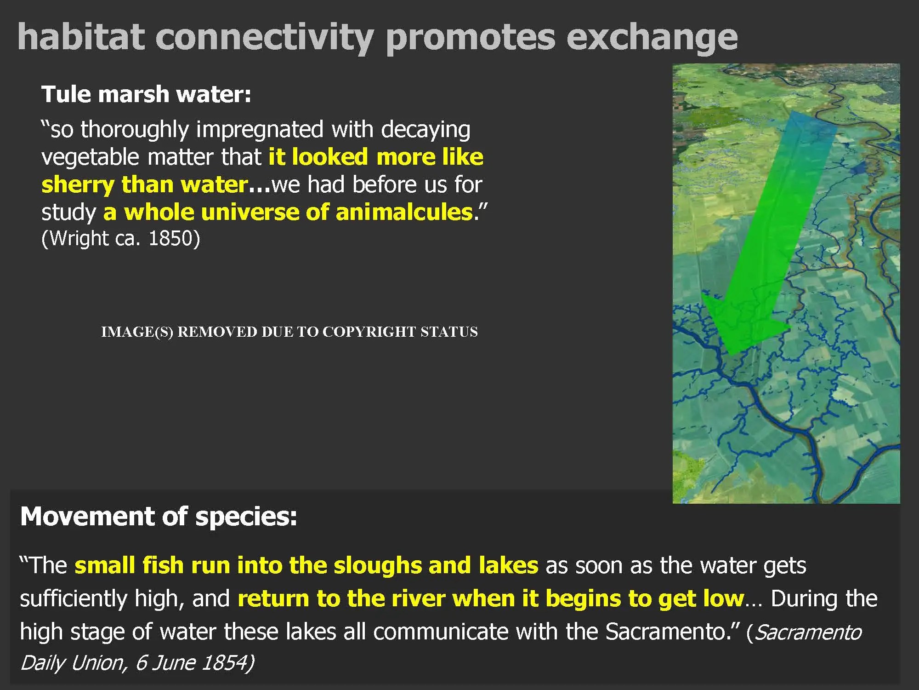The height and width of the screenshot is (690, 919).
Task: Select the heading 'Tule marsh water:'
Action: click(x=147, y=94)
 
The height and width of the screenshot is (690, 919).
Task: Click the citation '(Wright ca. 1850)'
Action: click(x=121, y=238)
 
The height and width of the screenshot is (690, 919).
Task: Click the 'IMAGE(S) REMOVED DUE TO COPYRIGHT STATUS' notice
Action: click(x=289, y=332)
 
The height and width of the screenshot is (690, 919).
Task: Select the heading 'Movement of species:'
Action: click(x=159, y=516)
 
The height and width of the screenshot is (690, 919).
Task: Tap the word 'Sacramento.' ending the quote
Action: click(x=672, y=632)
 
